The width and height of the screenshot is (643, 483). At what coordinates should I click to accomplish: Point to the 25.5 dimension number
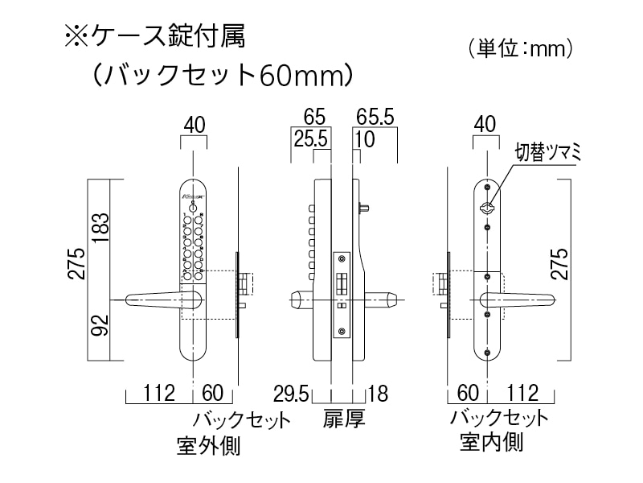311,138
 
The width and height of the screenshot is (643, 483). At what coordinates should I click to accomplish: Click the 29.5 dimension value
292,394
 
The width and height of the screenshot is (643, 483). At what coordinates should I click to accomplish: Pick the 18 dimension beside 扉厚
378,394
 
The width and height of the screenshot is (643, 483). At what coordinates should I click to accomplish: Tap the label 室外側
208,446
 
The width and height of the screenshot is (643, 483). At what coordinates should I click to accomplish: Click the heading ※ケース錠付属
153,38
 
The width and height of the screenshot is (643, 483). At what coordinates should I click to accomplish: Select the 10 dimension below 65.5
364,138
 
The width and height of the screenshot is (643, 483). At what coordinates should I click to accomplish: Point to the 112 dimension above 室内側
522,394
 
